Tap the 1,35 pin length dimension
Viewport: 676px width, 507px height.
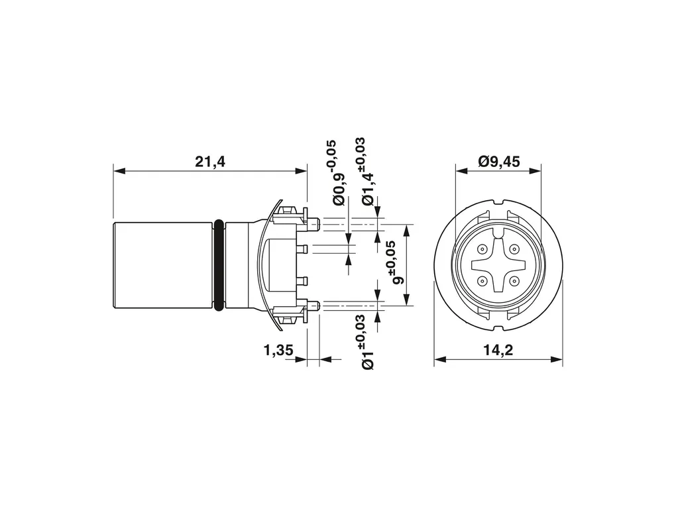pos(278,350)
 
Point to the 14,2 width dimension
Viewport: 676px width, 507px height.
pos(498,350)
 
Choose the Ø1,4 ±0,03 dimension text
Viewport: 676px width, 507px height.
pos(367,171)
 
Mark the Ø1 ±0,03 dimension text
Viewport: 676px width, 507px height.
pos(367,342)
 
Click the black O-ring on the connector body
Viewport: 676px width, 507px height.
pos(219,265)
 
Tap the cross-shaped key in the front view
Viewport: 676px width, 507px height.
pos(498,265)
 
